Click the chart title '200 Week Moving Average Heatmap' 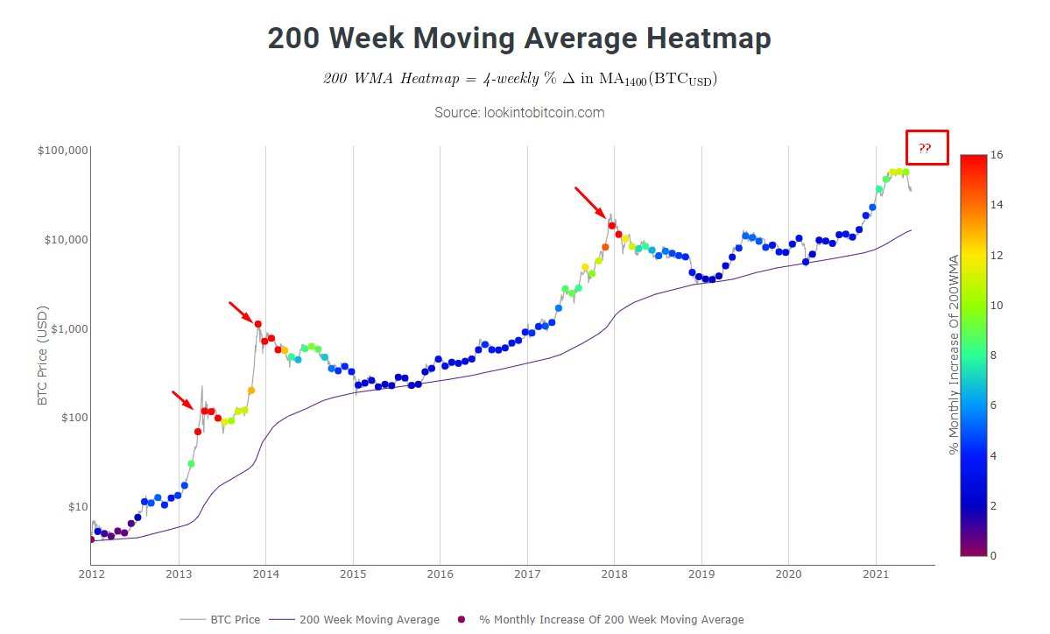(519, 39)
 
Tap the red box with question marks (926, 149)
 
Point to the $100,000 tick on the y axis (63, 151)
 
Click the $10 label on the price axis (76, 506)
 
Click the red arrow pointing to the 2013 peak (182, 400)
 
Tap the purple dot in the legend (462, 620)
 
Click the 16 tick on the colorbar (996, 155)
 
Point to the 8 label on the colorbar (993, 356)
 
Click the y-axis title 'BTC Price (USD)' (42, 356)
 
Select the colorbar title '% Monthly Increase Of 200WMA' (955, 356)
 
